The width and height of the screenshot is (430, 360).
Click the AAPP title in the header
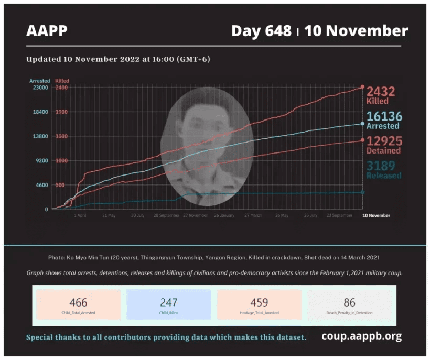(47, 31)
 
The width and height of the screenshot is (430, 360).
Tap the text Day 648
(261, 31)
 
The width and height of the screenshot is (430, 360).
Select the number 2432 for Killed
(381, 92)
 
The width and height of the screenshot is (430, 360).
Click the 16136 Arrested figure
(383, 116)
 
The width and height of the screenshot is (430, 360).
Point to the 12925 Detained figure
(383, 141)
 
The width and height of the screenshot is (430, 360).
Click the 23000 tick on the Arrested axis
(40, 88)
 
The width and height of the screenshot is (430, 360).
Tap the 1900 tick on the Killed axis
(61, 112)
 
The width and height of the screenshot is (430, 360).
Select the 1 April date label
(80, 215)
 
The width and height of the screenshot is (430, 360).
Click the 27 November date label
(195, 215)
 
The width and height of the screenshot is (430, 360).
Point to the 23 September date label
(339, 215)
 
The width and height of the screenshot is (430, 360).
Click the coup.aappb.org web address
(362, 336)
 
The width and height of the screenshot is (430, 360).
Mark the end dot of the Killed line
(362, 87)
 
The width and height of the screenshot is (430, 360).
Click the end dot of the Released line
(362, 192)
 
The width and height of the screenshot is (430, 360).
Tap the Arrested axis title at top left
(39, 81)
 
